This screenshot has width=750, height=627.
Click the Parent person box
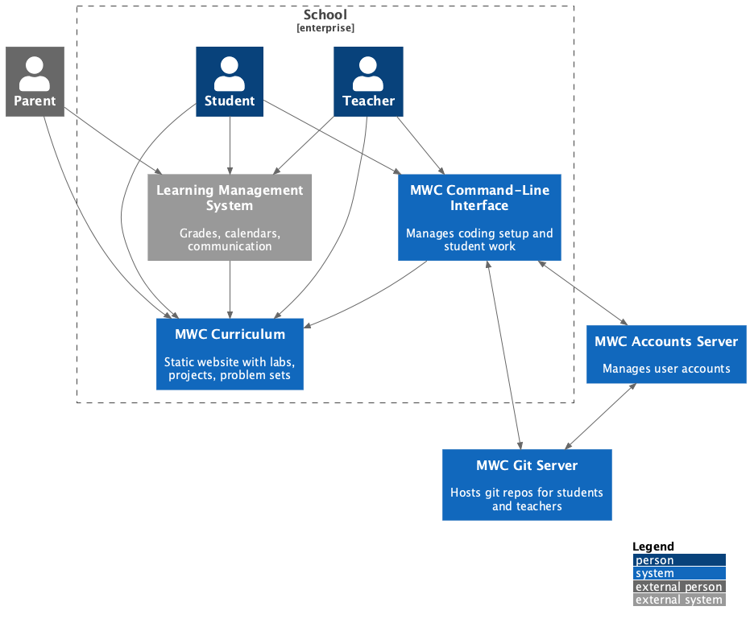coord(35,81)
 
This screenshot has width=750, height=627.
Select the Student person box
coord(230,81)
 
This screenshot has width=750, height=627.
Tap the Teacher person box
coord(368,81)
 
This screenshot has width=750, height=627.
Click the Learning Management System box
coord(230,217)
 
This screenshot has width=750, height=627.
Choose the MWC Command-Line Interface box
coord(479,217)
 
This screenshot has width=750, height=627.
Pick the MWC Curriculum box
coord(230,354)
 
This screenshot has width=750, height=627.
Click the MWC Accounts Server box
coord(666,354)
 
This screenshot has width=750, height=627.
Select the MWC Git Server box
coord(527,485)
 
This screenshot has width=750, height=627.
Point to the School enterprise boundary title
coord(325,15)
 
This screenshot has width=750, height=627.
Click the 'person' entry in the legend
coord(679,560)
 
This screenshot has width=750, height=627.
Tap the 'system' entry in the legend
coord(679,573)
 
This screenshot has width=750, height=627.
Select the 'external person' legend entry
coord(679,587)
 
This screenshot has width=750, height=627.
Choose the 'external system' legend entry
coord(679,600)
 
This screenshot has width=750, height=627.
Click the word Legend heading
coord(653,547)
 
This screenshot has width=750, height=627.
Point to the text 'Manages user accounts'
coord(666,369)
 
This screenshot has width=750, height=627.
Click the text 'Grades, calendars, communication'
coord(230,240)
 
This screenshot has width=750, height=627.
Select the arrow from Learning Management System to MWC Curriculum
coord(230,290)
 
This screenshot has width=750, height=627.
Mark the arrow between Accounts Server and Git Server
coord(600,416)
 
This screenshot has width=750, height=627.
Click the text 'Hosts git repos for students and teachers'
coord(527,499)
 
